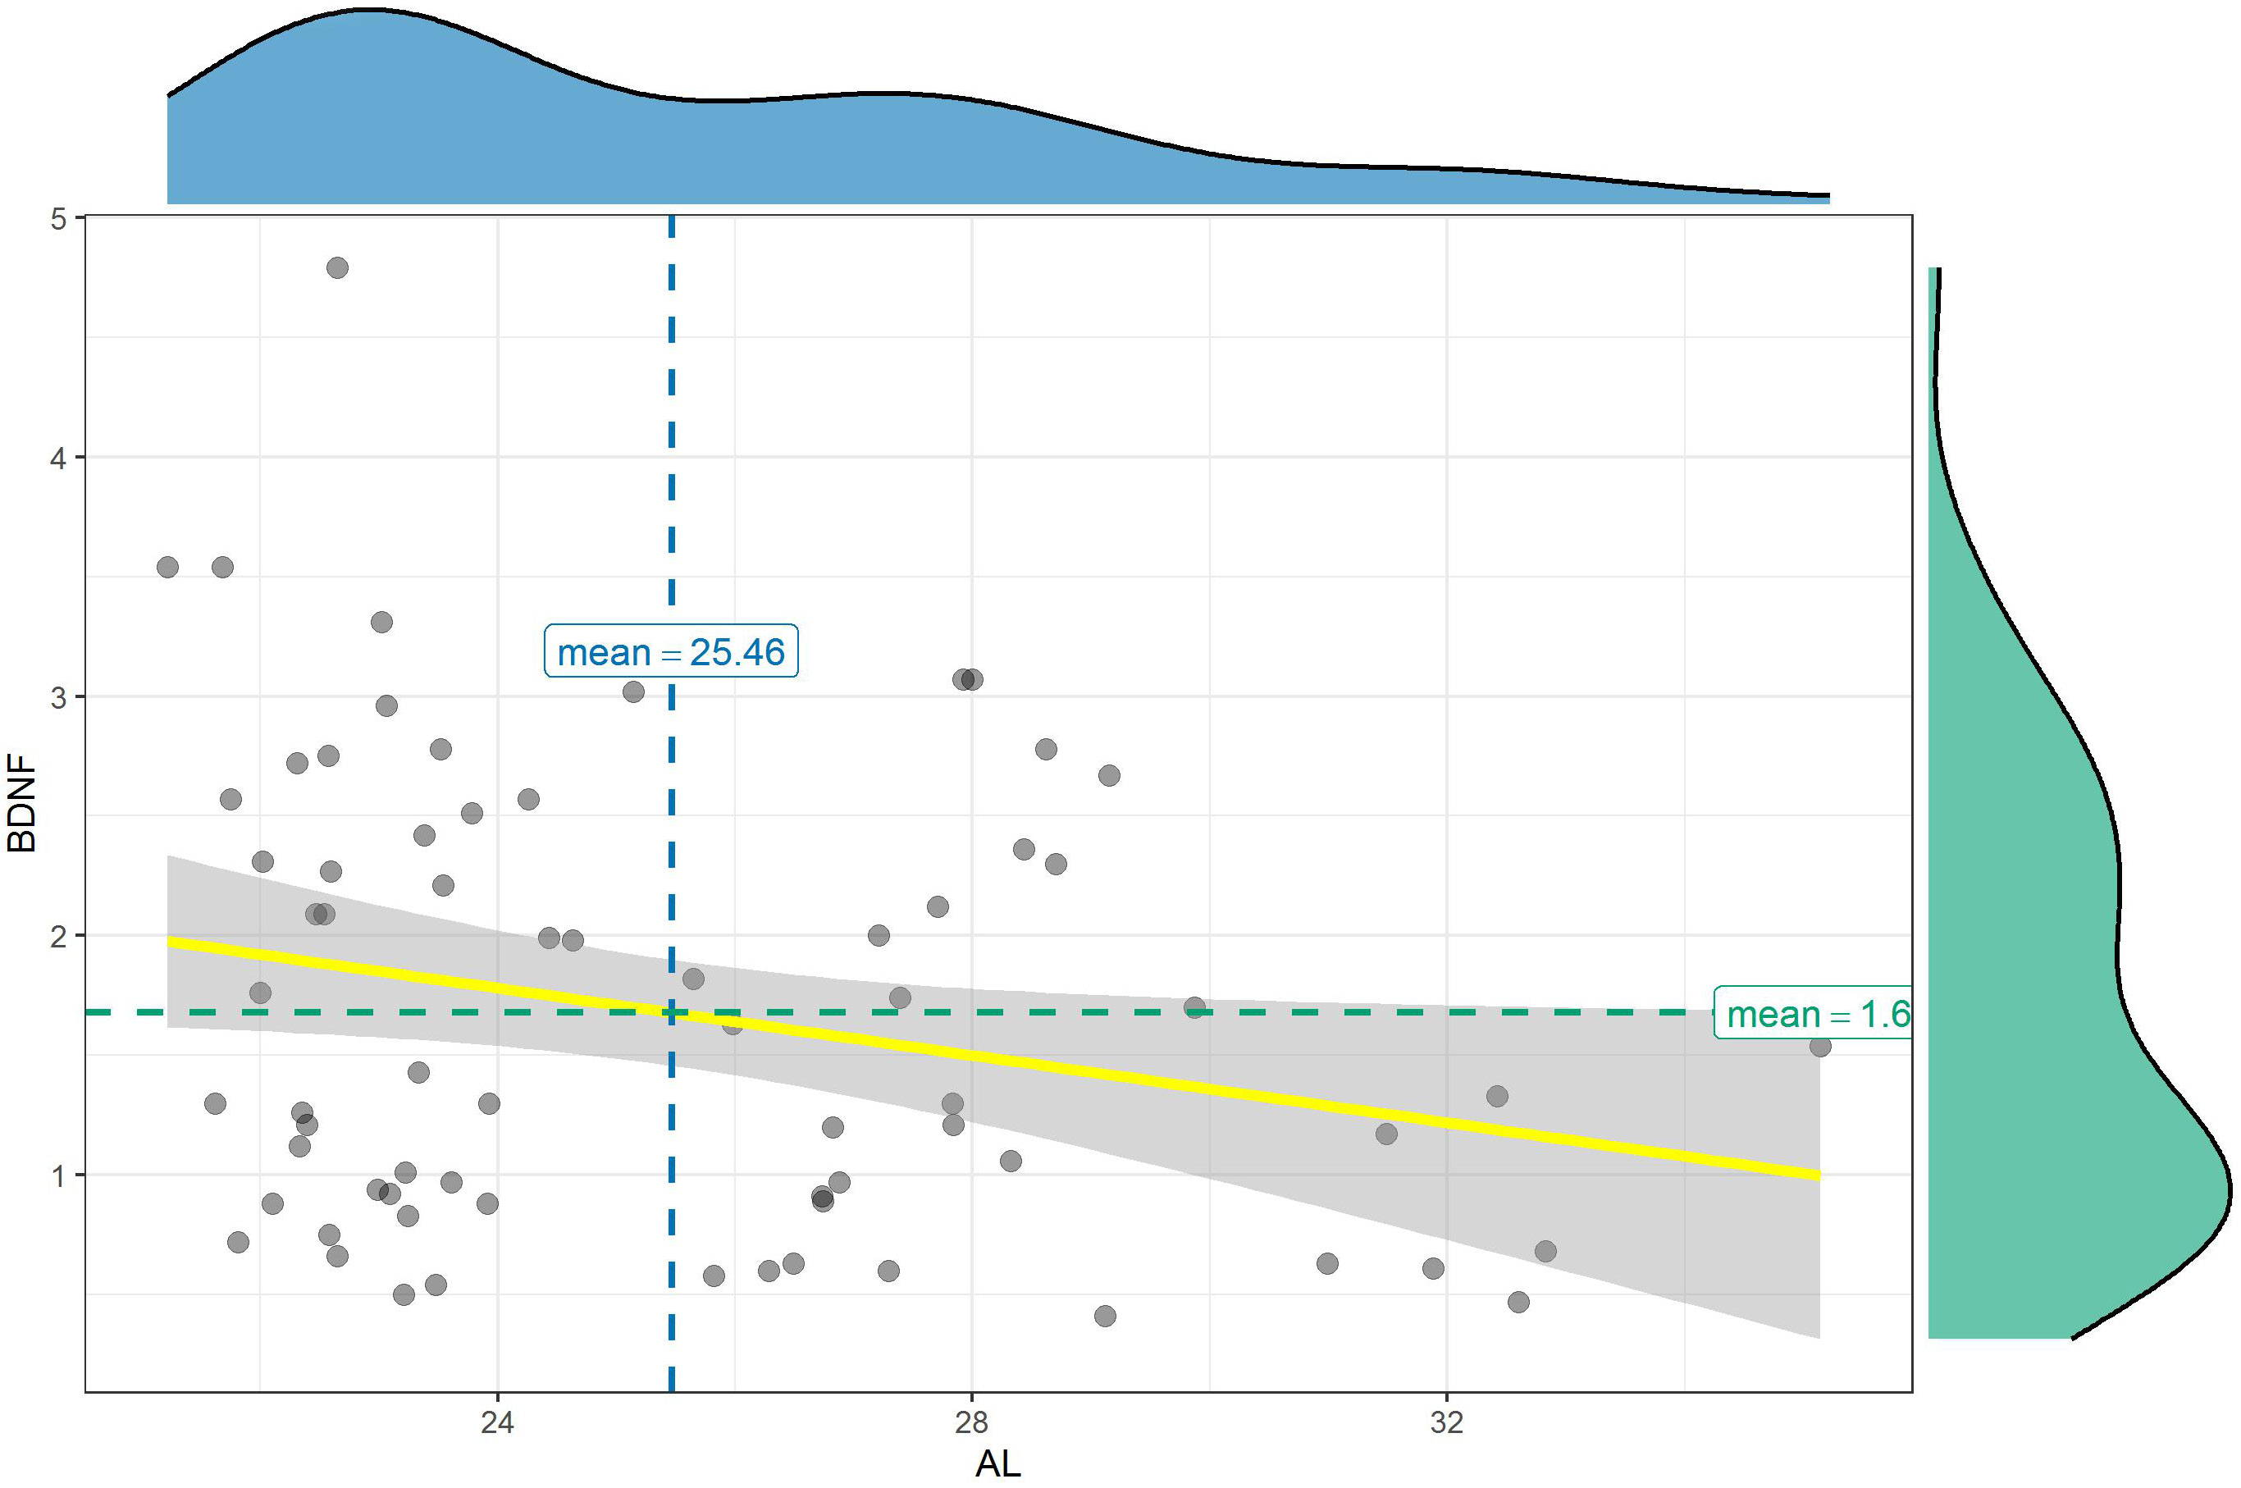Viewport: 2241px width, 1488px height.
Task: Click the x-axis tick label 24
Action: tap(497, 1422)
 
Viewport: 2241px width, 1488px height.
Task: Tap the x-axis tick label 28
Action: tap(971, 1422)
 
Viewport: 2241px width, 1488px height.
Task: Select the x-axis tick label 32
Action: tap(1447, 1422)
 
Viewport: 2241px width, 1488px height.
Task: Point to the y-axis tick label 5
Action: tap(59, 219)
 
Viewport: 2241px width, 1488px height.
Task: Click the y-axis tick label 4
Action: tap(59, 459)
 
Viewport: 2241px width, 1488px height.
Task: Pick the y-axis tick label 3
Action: tap(59, 697)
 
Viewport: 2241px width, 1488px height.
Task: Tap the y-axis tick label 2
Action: tap(59, 937)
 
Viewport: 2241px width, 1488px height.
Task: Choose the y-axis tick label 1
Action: tap(59, 1175)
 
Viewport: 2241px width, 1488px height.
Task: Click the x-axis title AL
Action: tap(998, 1464)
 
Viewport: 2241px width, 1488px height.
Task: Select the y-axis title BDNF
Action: tap(21, 803)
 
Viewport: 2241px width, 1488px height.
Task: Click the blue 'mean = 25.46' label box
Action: tap(671, 652)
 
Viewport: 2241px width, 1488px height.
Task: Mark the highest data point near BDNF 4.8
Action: tap(337, 267)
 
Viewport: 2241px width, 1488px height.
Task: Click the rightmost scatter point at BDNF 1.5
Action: tap(1819, 1047)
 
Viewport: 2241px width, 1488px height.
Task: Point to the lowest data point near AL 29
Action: tap(1104, 1317)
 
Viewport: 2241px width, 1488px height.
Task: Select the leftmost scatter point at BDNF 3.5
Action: tap(167, 568)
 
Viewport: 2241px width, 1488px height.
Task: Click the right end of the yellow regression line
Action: tap(1818, 1175)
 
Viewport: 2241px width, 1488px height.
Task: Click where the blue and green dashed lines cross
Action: tap(672, 1012)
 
